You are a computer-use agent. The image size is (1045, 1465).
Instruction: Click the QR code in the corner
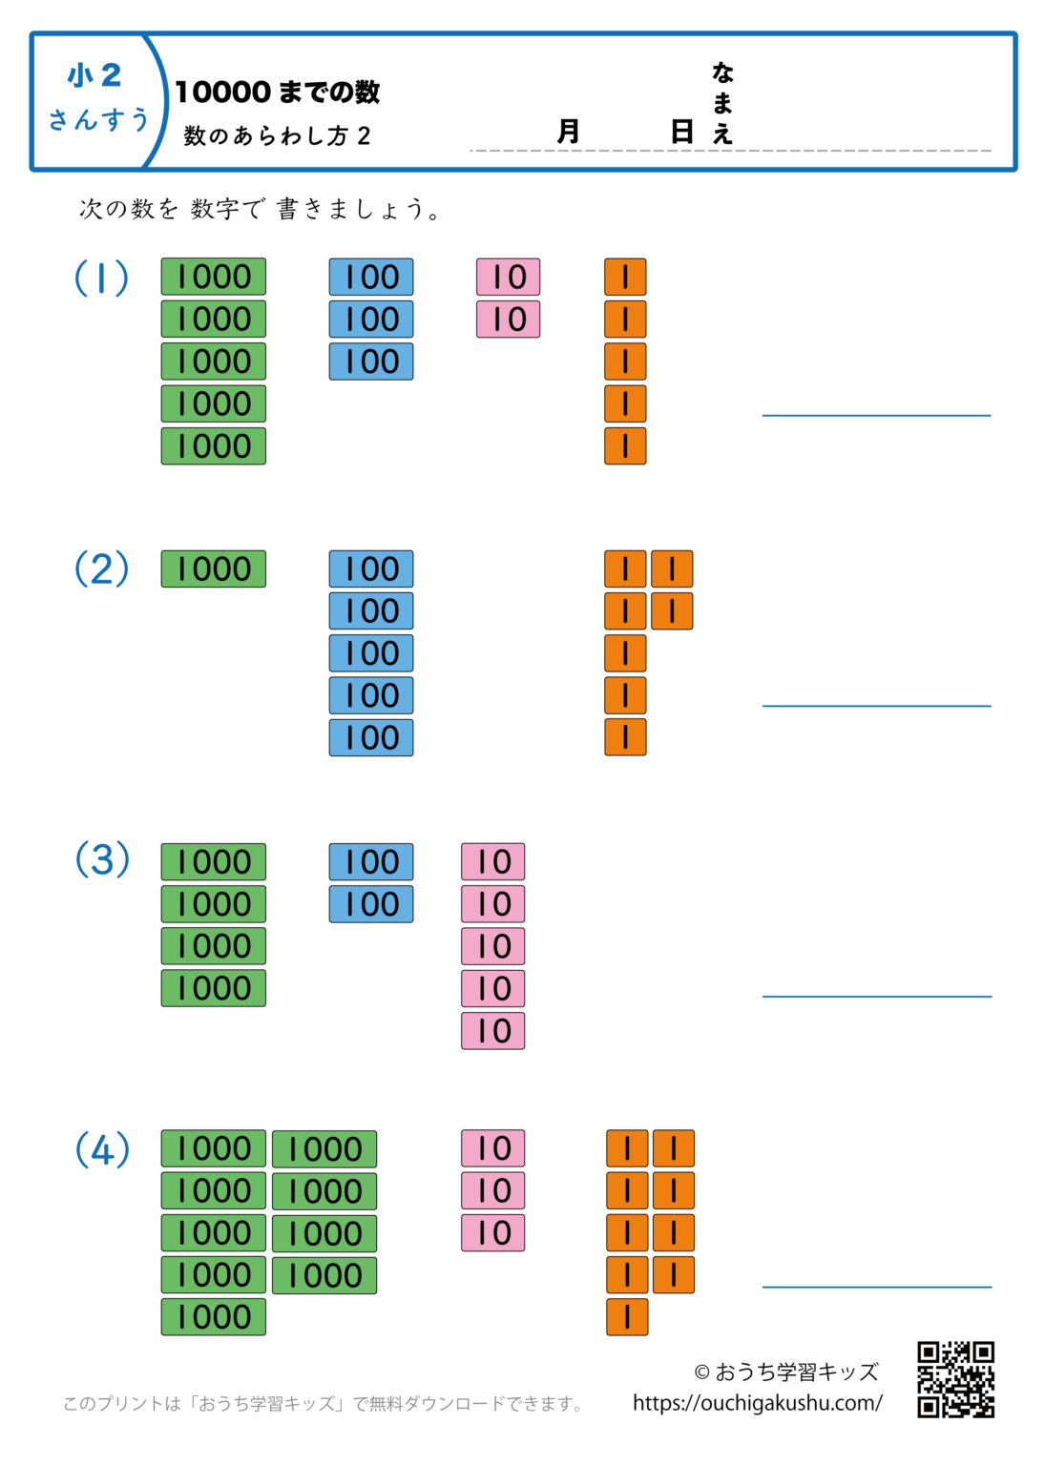coord(955,1379)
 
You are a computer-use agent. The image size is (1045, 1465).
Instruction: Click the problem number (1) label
coord(101,278)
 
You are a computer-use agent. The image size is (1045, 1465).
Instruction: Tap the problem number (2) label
coord(101,569)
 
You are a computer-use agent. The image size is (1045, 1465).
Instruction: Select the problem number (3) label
coord(102,860)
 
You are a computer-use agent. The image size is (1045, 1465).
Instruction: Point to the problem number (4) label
coord(102,1150)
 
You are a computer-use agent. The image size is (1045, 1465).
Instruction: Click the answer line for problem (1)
coord(876,415)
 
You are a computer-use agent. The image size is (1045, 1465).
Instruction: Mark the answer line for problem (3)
coord(876,996)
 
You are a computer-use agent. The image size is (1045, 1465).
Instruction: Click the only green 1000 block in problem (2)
coord(213,569)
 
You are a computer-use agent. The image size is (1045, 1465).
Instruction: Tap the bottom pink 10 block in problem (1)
coord(508,320)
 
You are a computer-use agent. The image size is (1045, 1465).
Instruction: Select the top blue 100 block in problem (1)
coord(371,278)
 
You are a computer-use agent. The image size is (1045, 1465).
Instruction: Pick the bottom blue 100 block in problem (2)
coord(371,738)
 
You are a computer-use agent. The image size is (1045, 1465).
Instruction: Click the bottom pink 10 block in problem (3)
coord(492,1031)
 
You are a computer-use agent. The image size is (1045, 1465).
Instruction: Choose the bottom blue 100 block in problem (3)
coord(371,904)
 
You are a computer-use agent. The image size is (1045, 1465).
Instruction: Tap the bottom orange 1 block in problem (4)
coord(627,1317)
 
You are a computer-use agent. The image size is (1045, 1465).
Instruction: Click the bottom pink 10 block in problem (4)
coord(492,1232)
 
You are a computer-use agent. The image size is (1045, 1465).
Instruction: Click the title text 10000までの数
coord(277,93)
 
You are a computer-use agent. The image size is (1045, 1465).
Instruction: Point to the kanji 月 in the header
coord(568,132)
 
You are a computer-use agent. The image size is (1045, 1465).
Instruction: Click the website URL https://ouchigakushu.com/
coord(757,1403)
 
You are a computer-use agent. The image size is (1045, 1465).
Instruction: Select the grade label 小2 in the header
coord(94,75)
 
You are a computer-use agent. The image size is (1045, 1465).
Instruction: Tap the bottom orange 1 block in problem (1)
coord(625,446)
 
